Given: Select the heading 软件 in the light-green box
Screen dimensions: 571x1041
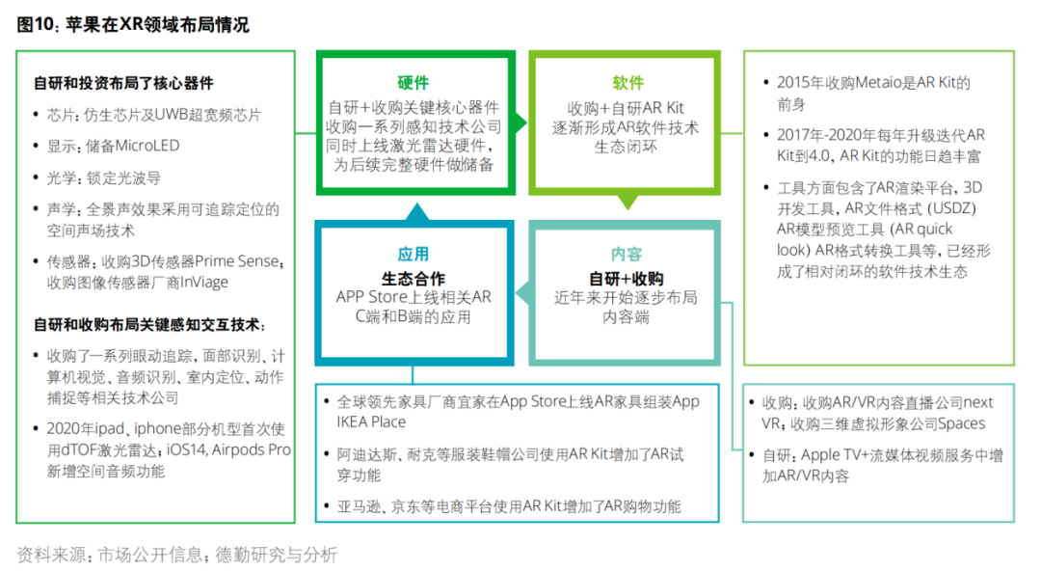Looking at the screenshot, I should [627, 83].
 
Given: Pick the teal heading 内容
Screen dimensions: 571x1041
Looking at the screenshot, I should [627, 255].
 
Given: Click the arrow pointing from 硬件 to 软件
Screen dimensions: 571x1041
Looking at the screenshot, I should [520, 123].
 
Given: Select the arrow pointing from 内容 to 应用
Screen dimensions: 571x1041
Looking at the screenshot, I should [520, 286].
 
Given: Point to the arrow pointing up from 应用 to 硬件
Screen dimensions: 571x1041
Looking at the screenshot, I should [414, 211].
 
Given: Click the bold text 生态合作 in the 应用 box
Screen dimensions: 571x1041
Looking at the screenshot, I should [414, 279].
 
